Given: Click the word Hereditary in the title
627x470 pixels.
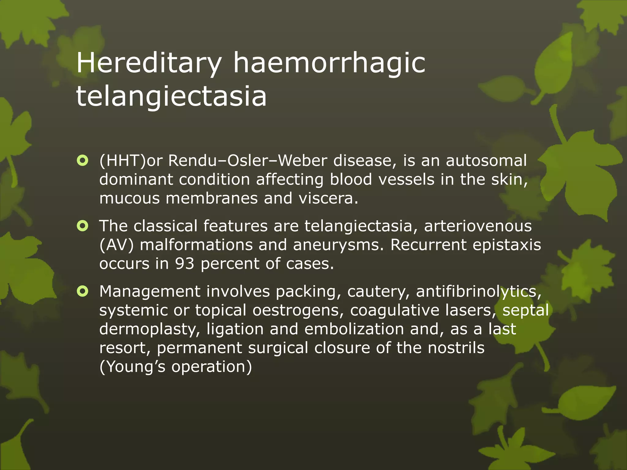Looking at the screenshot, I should tap(149, 63).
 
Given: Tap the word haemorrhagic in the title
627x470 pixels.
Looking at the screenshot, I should tap(329, 63).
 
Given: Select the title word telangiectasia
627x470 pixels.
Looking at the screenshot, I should tap(171, 96).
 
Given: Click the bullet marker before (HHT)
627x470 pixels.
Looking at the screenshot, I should tap(83, 160).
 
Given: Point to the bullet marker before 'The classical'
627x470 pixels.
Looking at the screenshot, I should tap(83, 226).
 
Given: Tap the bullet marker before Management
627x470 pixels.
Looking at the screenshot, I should tap(83, 291).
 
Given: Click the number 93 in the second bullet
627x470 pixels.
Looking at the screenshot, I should tap(184, 263).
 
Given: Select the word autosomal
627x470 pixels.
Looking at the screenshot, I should tap(486, 160).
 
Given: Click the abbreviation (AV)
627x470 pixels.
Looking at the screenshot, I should tap(117, 245).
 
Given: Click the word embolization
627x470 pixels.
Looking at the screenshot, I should tap(354, 329).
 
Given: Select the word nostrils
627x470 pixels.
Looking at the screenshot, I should tap(456, 348).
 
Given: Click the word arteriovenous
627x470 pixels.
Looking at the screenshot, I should tap(478, 226).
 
